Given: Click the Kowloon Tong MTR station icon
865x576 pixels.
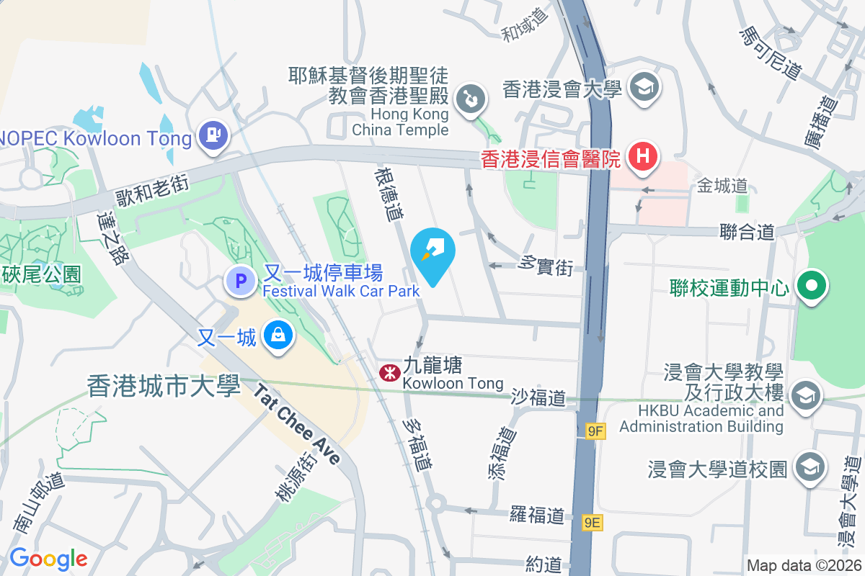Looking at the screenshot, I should coord(390,372).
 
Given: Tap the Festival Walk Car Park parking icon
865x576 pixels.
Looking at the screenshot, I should coord(241,281).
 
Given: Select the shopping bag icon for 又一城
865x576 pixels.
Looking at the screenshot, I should coord(278,336).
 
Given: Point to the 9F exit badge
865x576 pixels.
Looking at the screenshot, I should coord(595,431).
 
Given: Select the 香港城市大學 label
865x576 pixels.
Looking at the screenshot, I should coord(164,387).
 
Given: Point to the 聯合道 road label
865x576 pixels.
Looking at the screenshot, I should coord(747,232).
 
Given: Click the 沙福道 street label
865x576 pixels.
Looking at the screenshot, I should coord(538,397).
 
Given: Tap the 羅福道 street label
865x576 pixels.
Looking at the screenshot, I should coord(536,515).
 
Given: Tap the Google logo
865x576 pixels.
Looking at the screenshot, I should coord(48,559).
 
